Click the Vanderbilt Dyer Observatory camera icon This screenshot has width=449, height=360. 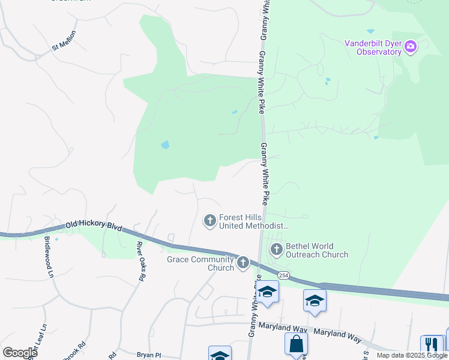[411, 47]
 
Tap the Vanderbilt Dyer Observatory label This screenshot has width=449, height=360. [372, 47]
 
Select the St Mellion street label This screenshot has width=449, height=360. [64, 40]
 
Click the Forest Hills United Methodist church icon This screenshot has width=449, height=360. [210, 221]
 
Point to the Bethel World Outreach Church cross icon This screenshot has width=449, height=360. [277, 249]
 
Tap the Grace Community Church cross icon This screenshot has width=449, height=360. [243, 262]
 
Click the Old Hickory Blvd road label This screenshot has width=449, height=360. [94, 226]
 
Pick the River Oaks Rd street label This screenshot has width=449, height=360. [140, 261]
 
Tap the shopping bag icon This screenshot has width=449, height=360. [296, 344]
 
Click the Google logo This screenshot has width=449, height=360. [20, 353]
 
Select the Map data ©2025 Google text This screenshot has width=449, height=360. [411, 355]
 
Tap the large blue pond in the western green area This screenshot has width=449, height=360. [164, 145]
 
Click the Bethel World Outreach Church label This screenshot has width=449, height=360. [317, 250]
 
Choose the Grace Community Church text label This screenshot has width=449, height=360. [199, 263]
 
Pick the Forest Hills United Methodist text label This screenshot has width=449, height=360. [254, 222]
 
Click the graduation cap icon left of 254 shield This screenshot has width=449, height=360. [268, 292]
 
